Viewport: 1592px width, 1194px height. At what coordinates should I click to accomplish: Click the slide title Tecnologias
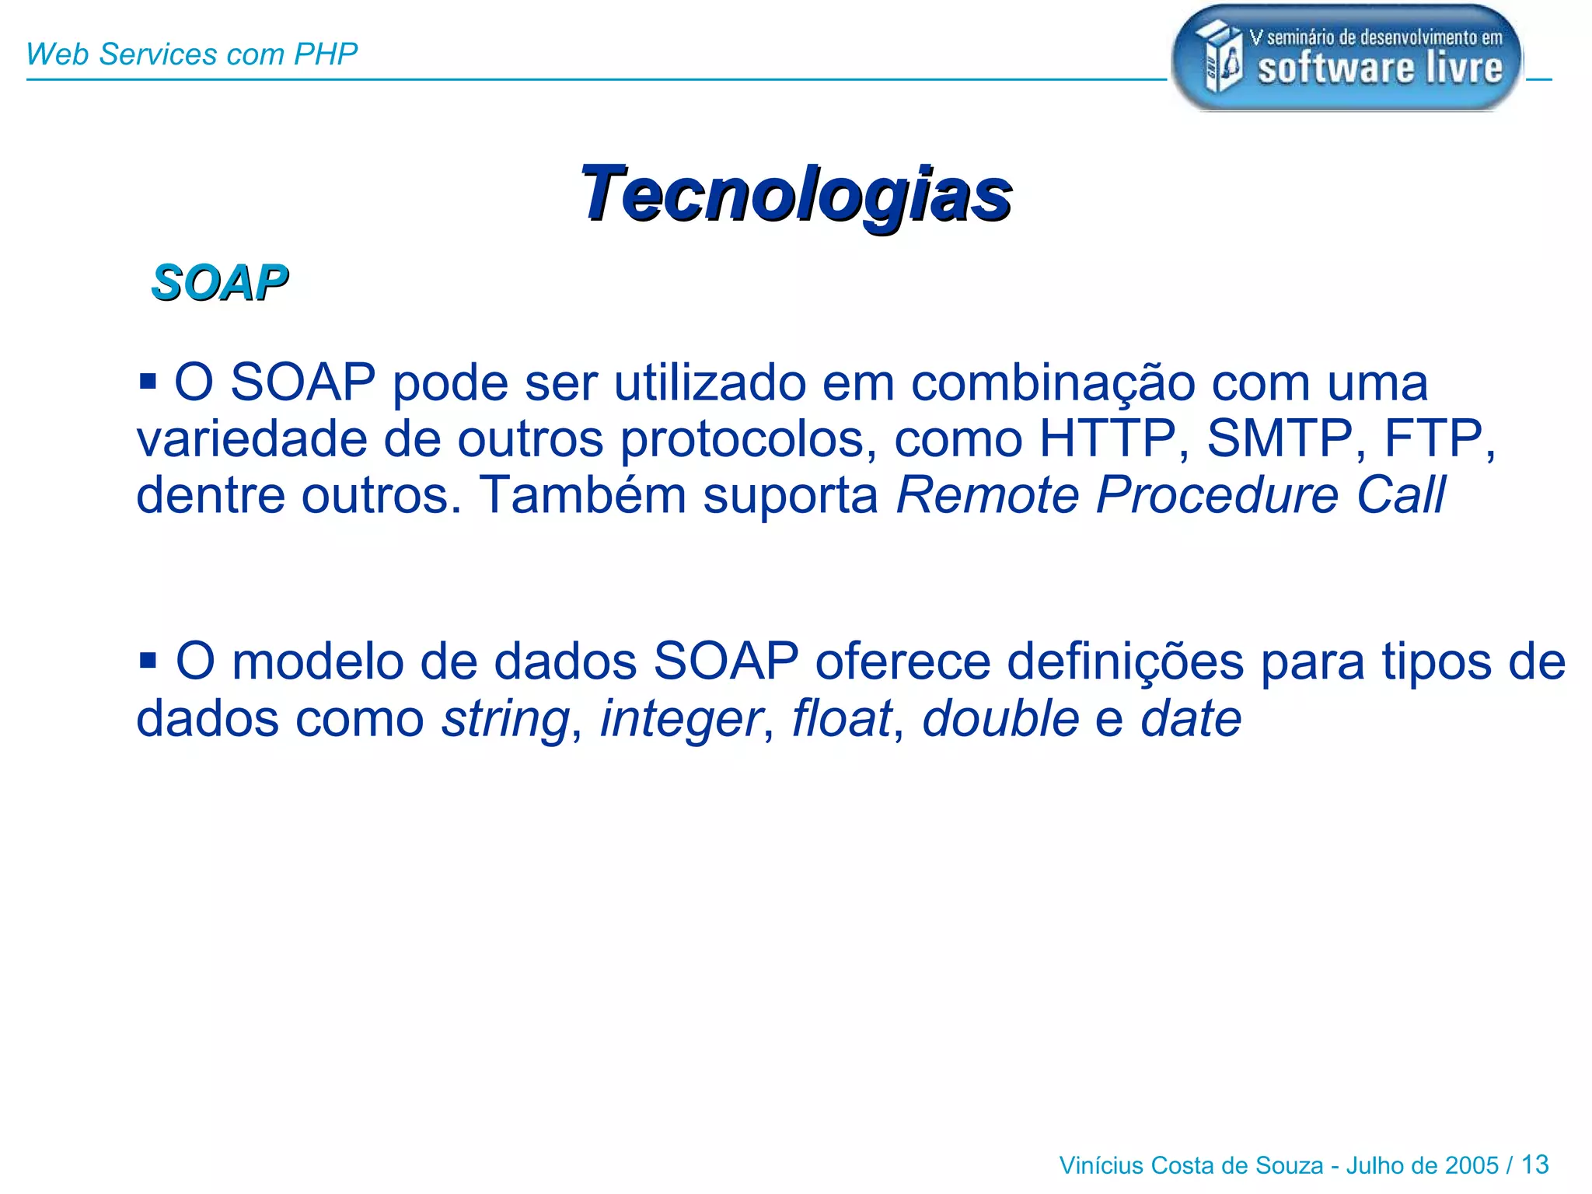(x=795, y=194)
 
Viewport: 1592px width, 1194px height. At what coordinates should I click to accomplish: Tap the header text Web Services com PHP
(x=191, y=54)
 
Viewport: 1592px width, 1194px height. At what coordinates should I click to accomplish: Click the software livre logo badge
(x=1346, y=58)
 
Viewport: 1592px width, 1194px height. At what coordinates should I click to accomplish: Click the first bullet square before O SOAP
(x=148, y=382)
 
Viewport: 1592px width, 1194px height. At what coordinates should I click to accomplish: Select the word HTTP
(x=1107, y=438)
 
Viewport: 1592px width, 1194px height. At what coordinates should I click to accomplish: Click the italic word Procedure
(x=1217, y=495)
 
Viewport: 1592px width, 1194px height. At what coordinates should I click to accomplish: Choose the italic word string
(x=506, y=719)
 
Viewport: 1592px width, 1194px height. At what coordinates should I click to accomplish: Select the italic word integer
(x=681, y=719)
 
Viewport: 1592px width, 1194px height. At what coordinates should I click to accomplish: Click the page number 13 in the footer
(x=1534, y=1164)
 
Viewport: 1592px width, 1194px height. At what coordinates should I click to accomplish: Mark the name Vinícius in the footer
(x=1101, y=1165)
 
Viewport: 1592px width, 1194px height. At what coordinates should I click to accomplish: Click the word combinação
(x=1053, y=383)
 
